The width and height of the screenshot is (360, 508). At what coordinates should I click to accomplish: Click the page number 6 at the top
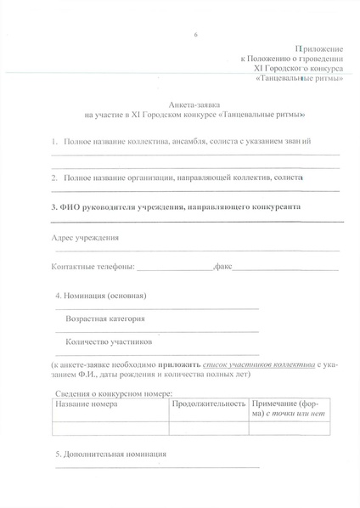tap(195, 34)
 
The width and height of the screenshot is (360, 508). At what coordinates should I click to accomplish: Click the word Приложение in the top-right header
tap(320, 54)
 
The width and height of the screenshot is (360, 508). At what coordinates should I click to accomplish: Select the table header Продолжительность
tap(209, 404)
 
